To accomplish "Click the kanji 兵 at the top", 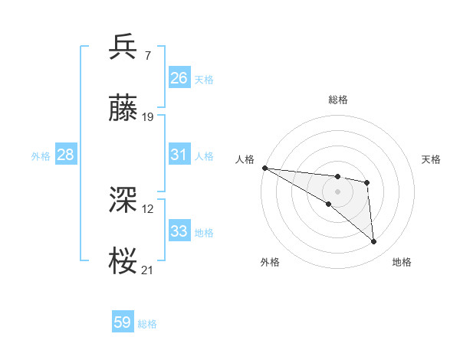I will [123, 47].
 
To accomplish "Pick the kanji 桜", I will [123, 261].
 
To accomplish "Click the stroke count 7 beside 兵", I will [147, 56].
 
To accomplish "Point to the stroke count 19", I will [148, 117].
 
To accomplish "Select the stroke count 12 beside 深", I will [148, 208].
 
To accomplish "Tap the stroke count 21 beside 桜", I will [148, 270].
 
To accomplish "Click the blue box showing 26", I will [179, 78].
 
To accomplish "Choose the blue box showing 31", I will [179, 155].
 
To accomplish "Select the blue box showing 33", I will [179, 231].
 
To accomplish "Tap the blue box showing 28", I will [66, 155].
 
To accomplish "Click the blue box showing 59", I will [123, 322].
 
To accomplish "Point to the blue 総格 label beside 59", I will [148, 324].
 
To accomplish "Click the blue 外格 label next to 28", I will [41, 156].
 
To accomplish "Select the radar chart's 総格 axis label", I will [337, 100].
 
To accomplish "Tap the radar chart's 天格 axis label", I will [432, 159].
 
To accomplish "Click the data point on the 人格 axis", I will [264, 168].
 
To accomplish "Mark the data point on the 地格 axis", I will [374, 242].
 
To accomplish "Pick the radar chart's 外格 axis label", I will [270, 262].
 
